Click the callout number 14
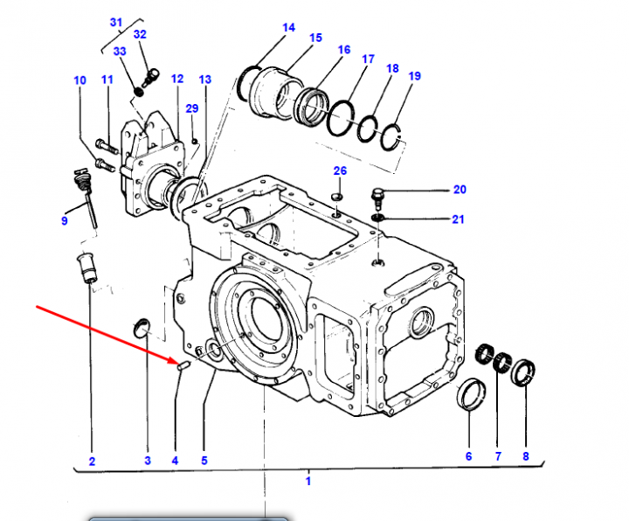(x=288, y=27)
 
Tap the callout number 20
(x=460, y=190)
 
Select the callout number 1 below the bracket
(x=308, y=480)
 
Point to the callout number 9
(x=64, y=220)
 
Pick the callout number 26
(x=340, y=170)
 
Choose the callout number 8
(x=526, y=455)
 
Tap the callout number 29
(x=191, y=108)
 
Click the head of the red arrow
(x=175, y=360)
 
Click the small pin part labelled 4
(x=182, y=366)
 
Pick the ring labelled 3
(x=140, y=328)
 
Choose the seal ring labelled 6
(x=471, y=392)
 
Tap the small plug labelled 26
(x=339, y=194)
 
